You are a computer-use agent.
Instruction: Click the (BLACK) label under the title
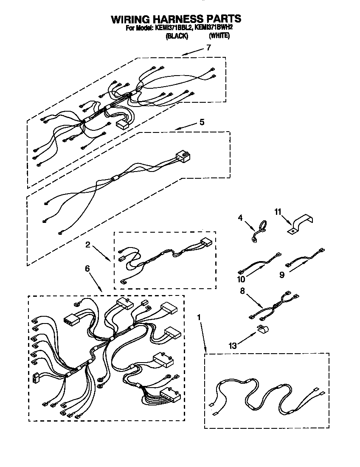[176, 37]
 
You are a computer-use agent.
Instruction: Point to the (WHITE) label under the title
[219, 37]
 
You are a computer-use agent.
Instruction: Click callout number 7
[208, 48]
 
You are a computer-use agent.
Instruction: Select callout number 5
[202, 122]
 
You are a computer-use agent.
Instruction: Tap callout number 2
[87, 245]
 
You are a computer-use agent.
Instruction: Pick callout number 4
[240, 219]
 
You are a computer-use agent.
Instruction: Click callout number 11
[278, 211]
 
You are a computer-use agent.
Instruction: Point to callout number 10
[242, 279]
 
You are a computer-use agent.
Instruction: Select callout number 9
[281, 275]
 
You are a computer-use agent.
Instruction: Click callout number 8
[243, 292]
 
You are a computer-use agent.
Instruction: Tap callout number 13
[232, 346]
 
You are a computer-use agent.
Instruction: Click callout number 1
[200, 317]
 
